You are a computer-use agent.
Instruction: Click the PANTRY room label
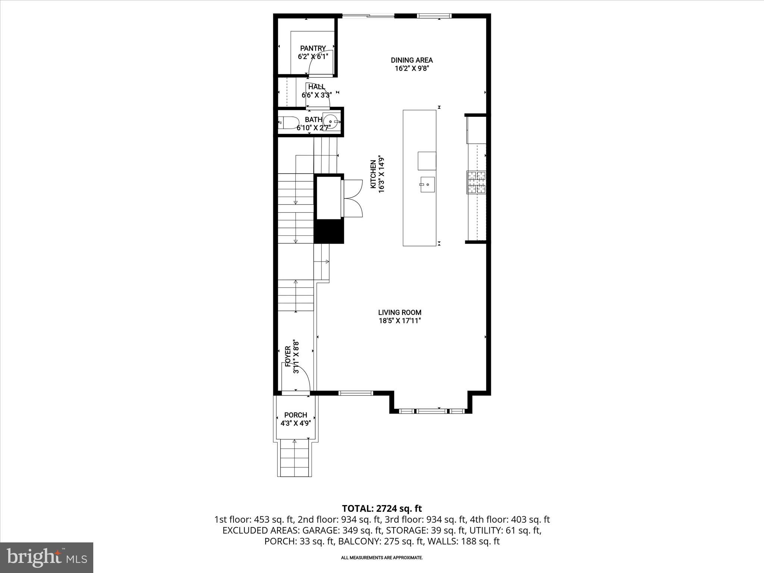tap(313, 48)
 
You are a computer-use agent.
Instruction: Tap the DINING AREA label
tap(411, 60)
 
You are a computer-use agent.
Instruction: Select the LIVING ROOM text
tap(400, 313)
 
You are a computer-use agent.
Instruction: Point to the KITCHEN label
tap(373, 174)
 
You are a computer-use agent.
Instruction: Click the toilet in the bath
tap(289, 123)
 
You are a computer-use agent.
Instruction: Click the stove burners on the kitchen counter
tap(476, 182)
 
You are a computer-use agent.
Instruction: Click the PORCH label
tap(295, 415)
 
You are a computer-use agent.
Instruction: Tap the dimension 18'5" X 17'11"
tap(400, 321)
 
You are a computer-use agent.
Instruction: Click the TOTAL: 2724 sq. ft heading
tap(382, 508)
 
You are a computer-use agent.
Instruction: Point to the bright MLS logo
tap(47, 557)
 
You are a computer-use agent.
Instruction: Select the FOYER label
tap(288, 357)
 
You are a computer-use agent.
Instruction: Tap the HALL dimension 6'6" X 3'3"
tap(316, 95)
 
